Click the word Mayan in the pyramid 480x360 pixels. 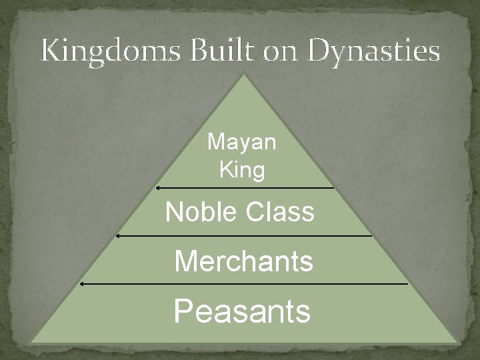pyautogui.click(x=242, y=142)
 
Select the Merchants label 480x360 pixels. pyautogui.click(x=243, y=261)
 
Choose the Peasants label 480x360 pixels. pyautogui.click(x=242, y=310)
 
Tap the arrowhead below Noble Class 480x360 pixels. pyautogui.click(x=117, y=235)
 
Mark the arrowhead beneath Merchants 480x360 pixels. pyautogui.click(x=81, y=283)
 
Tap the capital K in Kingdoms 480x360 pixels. pyautogui.click(x=51, y=51)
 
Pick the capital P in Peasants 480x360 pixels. pyautogui.click(x=184, y=310)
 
